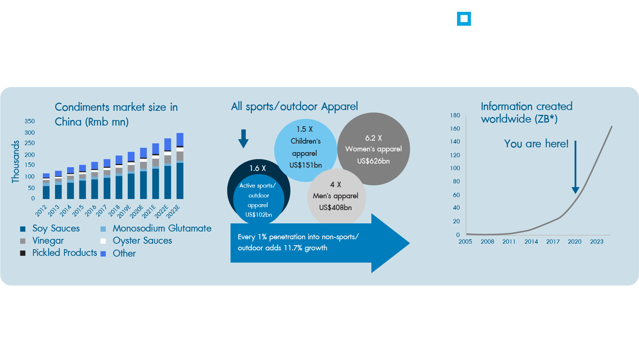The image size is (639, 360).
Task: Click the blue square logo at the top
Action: tap(464, 19)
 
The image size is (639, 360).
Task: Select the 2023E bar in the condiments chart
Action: tap(180, 166)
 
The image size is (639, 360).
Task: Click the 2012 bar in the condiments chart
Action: tap(46, 186)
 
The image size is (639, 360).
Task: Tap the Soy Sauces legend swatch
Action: tap(23, 229)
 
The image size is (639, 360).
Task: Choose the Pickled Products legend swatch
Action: tap(23, 253)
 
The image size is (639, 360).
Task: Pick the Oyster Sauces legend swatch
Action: tap(103, 241)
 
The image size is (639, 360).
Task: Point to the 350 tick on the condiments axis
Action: tap(30, 121)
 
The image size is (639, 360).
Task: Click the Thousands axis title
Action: tap(16, 161)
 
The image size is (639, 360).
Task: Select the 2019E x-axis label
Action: tap(124, 211)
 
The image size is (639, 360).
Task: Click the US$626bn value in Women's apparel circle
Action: tap(373, 161)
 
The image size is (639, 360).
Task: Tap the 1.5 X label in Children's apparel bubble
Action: tap(305, 129)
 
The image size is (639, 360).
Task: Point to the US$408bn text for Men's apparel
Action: tap(335, 208)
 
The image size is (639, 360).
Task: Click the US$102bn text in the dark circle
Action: tap(258, 215)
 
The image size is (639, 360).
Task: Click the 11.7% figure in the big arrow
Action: tap(292, 248)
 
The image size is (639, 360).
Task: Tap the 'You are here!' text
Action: tap(536, 144)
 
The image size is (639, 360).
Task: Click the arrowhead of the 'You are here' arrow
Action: tap(575, 190)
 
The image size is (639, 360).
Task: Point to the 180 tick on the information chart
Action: tap(455, 115)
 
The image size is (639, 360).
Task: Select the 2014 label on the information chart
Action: tap(531, 241)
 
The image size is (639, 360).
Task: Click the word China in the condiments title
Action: tap(68, 122)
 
